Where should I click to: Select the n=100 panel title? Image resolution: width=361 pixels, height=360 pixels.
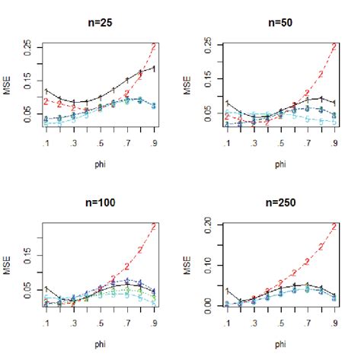pyautogui.click(x=99, y=202)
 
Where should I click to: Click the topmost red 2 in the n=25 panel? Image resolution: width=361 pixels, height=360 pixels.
pyautogui.click(x=154, y=47)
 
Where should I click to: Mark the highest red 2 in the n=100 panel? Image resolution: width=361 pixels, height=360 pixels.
pyautogui.click(x=154, y=227)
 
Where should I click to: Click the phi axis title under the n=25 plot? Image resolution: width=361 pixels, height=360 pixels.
pyautogui.click(x=99, y=163)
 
